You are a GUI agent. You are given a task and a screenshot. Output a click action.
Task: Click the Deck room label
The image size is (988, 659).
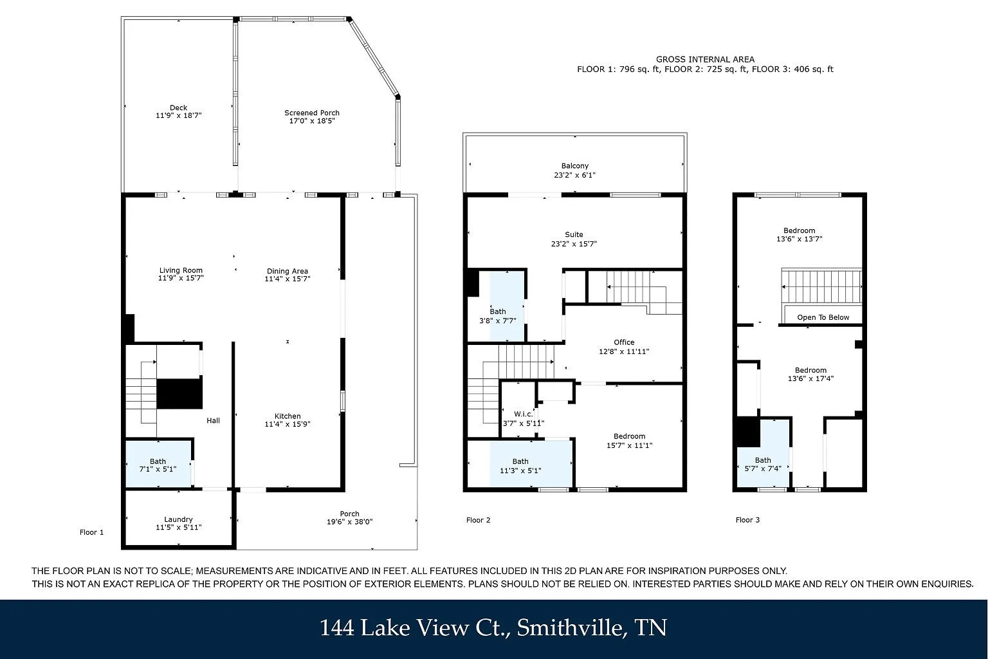click(179, 107)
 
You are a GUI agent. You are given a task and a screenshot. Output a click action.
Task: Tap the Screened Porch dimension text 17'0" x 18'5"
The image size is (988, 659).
click(312, 121)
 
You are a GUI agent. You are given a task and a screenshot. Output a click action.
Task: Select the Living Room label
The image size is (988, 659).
click(181, 270)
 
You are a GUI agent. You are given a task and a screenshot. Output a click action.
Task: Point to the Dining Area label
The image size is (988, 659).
click(288, 271)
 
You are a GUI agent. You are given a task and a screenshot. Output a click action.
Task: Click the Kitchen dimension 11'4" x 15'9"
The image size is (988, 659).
click(288, 424)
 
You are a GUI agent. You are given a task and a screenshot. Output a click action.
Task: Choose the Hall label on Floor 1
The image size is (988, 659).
click(214, 421)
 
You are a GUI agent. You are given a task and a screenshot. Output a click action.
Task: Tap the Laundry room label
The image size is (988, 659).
click(178, 519)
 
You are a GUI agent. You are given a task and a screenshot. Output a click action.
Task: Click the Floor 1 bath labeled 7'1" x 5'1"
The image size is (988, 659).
click(158, 465)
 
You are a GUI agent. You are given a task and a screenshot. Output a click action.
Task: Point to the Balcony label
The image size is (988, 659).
click(574, 166)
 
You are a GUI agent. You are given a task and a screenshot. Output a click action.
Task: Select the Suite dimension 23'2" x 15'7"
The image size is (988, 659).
click(574, 244)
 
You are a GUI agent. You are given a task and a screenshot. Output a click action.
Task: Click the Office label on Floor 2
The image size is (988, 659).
click(624, 342)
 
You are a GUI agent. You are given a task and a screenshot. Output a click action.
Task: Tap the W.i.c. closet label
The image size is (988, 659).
click(524, 414)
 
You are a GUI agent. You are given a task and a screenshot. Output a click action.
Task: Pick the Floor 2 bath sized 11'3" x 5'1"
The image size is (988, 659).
click(520, 466)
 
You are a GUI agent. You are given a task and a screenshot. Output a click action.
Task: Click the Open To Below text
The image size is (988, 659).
click(823, 317)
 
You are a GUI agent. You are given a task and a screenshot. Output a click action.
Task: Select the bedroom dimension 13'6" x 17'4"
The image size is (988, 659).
click(810, 378)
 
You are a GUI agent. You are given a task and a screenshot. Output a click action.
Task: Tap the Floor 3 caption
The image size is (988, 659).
click(747, 520)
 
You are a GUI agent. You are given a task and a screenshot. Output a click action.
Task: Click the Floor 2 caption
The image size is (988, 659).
click(478, 520)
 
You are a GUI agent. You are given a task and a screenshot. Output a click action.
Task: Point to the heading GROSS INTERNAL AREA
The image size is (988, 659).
click(705, 59)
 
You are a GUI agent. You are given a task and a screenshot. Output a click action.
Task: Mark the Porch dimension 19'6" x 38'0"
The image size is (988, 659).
click(350, 522)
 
